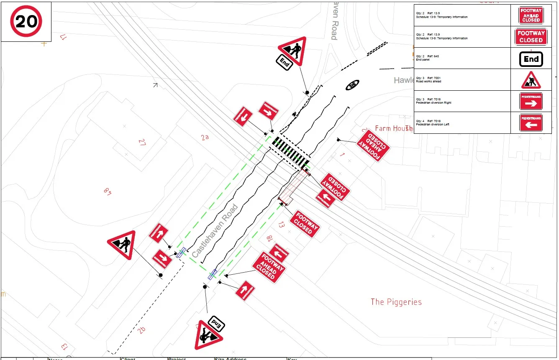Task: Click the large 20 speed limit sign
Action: (x=26, y=21)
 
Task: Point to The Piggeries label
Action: (x=396, y=302)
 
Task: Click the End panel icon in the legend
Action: (x=531, y=59)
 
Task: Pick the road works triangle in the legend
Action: (x=531, y=80)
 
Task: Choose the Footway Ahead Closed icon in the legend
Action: (x=531, y=15)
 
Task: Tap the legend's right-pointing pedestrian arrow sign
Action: (x=531, y=102)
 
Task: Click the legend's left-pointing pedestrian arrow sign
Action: (x=531, y=123)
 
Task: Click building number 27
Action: (x=142, y=142)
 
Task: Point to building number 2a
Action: (x=205, y=137)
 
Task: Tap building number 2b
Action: (x=142, y=330)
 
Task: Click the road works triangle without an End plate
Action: (x=122, y=245)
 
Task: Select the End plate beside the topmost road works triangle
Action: (x=284, y=63)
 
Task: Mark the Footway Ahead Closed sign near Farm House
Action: (x=373, y=145)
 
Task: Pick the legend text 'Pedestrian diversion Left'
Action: (x=433, y=124)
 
